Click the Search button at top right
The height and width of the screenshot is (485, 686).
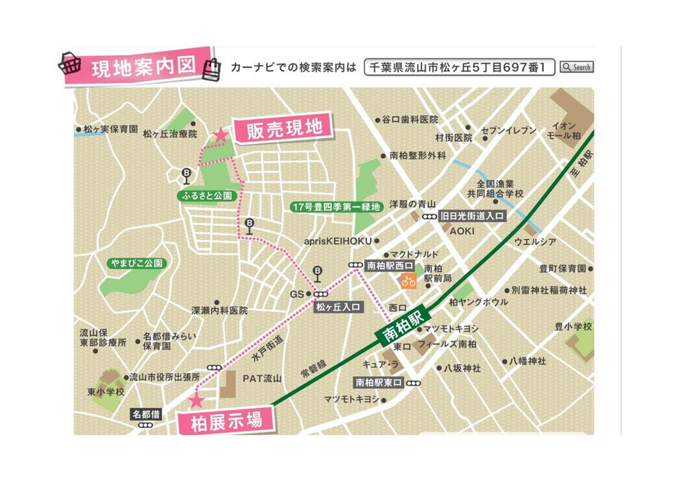[x=576, y=67]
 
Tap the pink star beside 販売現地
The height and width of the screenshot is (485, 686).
[x=220, y=135]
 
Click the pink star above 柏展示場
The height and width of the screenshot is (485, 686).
[x=197, y=400]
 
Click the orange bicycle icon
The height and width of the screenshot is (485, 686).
[x=409, y=281]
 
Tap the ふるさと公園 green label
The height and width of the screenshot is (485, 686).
[x=206, y=196]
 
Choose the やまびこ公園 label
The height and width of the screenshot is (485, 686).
[x=139, y=263]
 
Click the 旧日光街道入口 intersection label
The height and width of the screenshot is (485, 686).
[x=472, y=216]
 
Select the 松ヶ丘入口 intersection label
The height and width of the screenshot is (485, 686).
[x=338, y=307]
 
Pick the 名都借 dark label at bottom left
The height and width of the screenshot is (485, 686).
[x=146, y=414]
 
